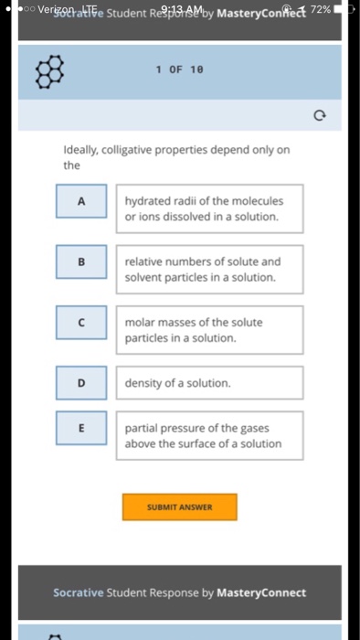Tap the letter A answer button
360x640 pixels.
pyautogui.click(x=80, y=202)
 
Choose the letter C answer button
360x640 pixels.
pyautogui.click(x=80, y=322)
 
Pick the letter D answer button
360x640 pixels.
pyautogui.click(x=80, y=382)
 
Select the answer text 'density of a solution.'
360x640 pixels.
pyautogui.click(x=178, y=383)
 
